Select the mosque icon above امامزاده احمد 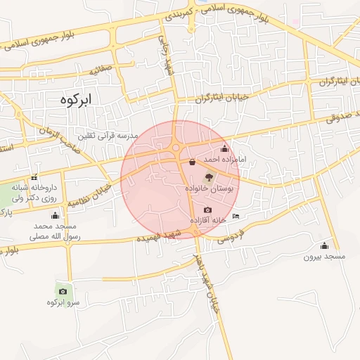[224, 148]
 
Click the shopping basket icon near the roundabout [193, 161]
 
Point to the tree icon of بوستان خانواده [208, 177]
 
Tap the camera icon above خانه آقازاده [207, 210]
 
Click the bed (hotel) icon [236, 215]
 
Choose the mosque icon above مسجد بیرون [324, 245]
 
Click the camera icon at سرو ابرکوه [63, 290]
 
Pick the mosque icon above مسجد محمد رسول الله [56, 214]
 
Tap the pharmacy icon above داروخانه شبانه [34, 177]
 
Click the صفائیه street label [101, 71]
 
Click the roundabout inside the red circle [175, 148]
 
